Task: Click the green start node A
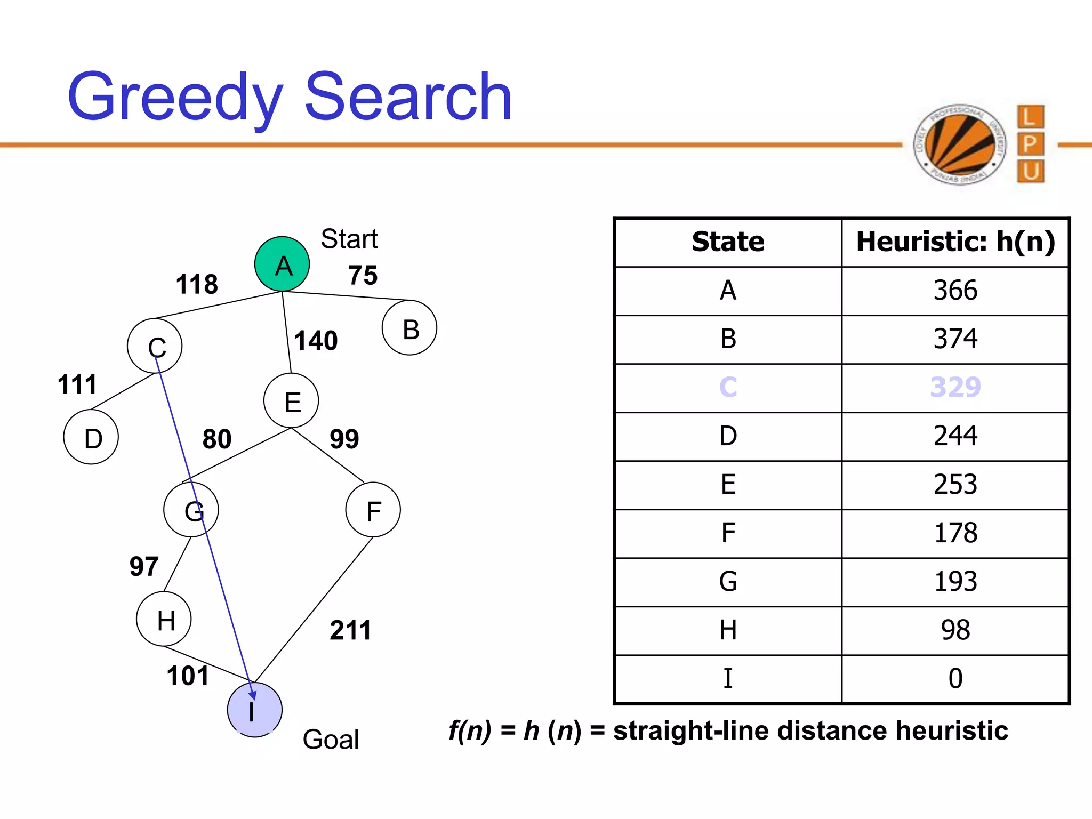[x=282, y=264]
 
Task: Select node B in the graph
[x=409, y=328]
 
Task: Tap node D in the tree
[x=91, y=437]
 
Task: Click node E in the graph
[x=291, y=400]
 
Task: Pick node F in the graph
[x=373, y=510]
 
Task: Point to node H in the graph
[x=164, y=619]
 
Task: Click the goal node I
[x=254, y=710]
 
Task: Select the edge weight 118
[x=197, y=284]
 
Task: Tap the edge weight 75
[x=363, y=276]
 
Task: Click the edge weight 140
[x=316, y=341]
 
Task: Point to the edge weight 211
[x=350, y=630]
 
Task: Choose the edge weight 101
[x=188, y=676]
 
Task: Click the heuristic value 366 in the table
[x=955, y=291]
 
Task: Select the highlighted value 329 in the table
[x=955, y=388]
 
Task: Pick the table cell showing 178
[x=955, y=533]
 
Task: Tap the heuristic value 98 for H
[x=955, y=630]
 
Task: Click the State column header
[x=728, y=242]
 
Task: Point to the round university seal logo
[x=959, y=144]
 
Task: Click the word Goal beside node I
[x=331, y=740]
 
